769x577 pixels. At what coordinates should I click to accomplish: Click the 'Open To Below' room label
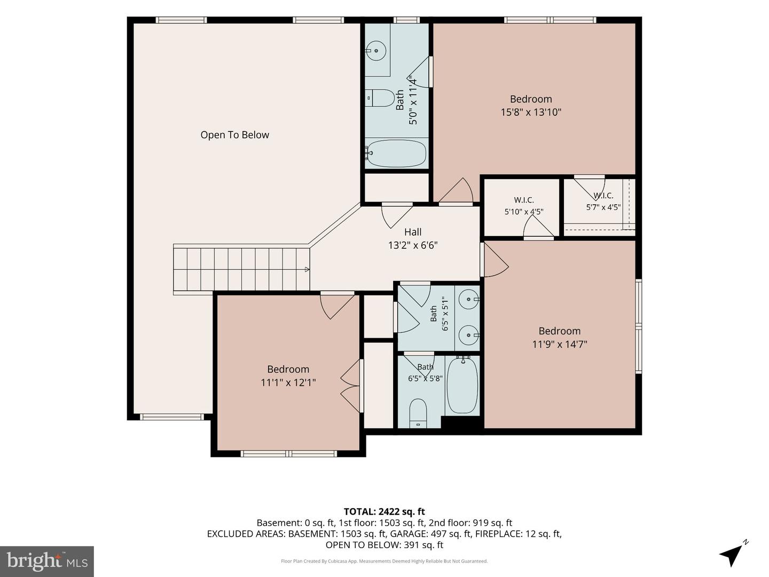click(235, 135)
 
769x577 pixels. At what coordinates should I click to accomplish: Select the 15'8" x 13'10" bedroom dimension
click(531, 112)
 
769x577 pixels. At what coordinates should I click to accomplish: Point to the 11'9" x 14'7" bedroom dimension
click(560, 344)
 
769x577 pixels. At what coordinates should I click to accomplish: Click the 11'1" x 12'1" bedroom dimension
click(288, 382)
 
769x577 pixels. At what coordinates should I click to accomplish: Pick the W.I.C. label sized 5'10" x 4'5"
click(524, 206)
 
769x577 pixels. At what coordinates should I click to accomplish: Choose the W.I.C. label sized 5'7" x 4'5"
click(603, 201)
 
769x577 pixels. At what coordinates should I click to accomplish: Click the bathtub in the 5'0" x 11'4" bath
click(396, 153)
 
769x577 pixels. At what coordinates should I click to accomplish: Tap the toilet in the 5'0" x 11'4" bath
click(380, 98)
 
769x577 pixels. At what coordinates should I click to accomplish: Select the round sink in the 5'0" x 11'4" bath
click(376, 51)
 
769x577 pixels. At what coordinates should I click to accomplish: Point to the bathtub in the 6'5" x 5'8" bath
click(462, 385)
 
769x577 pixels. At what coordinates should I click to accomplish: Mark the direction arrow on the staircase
click(307, 269)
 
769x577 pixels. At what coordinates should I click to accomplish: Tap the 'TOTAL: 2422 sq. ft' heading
click(384, 512)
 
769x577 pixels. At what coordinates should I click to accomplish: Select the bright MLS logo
click(47, 562)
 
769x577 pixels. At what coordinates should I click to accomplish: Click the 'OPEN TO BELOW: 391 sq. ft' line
click(384, 545)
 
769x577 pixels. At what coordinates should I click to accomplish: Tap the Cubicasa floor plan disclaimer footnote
click(384, 561)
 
